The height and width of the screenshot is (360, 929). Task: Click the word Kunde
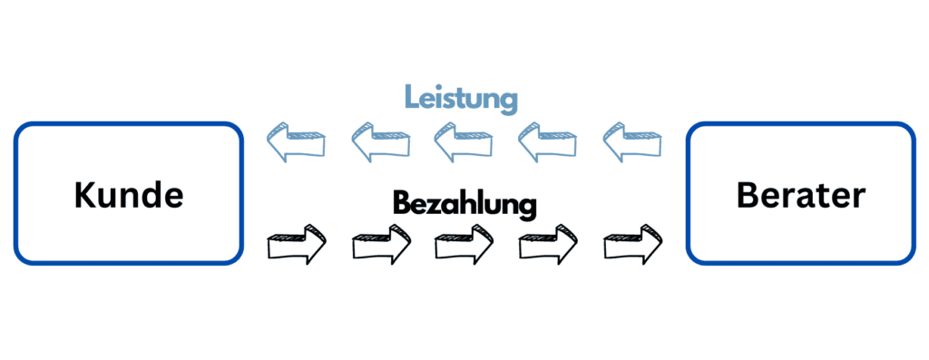[129, 195]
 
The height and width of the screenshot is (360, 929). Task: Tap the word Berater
[801, 195]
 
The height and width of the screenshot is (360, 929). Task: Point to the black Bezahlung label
[464, 202]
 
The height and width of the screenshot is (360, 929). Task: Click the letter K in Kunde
[84, 195]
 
